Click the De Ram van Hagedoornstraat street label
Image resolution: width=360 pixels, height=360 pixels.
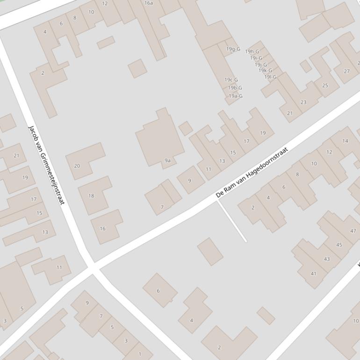coord(252,172)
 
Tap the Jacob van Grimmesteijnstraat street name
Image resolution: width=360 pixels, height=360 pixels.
coord(46,165)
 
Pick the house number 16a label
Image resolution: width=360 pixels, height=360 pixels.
coord(149,3)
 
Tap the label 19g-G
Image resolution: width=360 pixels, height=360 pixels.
coord(233,49)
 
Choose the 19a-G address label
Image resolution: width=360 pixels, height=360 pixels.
coord(236,96)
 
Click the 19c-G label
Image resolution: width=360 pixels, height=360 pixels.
coord(231,80)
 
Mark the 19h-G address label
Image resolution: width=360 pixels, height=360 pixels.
coord(252,52)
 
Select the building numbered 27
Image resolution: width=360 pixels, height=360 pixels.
coord(346,71)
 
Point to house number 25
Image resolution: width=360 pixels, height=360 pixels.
coord(325,86)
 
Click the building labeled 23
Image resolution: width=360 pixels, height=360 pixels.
coord(303,102)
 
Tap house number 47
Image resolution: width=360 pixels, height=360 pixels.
coord(353,231)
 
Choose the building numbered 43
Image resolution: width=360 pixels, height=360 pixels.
coord(326,259)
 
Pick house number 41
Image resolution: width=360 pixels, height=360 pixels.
coord(313,274)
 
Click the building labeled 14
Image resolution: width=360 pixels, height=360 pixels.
coord(345,141)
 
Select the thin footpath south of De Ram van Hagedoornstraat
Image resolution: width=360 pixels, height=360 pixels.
coord(232,221)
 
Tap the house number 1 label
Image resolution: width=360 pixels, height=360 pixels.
coord(139,354)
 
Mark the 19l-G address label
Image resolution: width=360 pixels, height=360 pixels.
coord(270,77)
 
